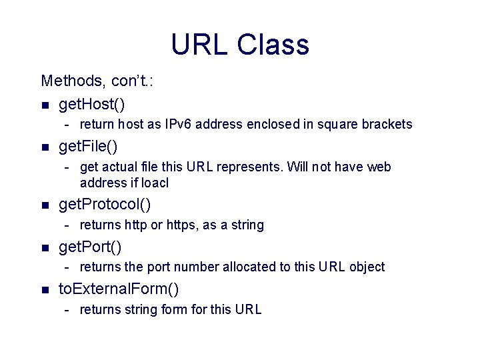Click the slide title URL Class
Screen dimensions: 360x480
pyautogui.click(x=240, y=45)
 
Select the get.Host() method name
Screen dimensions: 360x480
pyautogui.click(x=92, y=104)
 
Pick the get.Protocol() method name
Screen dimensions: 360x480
pyautogui.click(x=105, y=204)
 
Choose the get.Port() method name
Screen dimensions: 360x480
pyautogui.click(x=90, y=247)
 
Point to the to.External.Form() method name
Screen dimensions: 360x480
pyautogui.click(x=119, y=289)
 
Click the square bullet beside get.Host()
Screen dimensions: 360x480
pyautogui.click(x=45, y=105)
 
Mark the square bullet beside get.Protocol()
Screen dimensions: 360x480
pyautogui.click(x=45, y=205)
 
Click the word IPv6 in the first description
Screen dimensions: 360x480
pyautogui.click(x=177, y=125)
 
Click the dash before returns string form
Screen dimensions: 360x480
pyautogui.click(x=68, y=309)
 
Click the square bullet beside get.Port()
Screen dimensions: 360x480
pyautogui.click(x=45, y=249)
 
